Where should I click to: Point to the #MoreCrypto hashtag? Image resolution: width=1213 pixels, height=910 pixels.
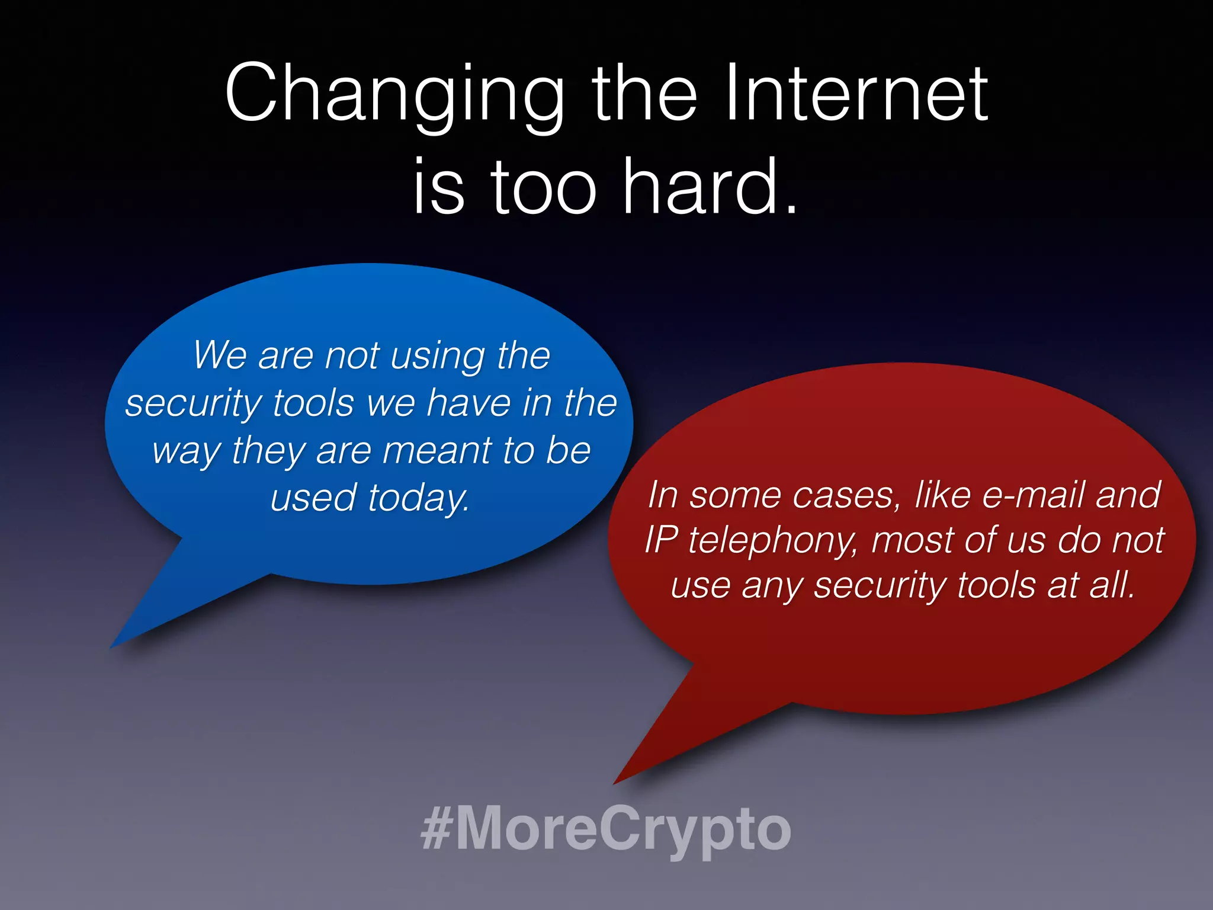(x=605, y=828)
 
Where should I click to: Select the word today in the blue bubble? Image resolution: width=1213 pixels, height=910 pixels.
(x=418, y=498)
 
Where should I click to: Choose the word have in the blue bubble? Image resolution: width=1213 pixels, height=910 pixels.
(x=469, y=403)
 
